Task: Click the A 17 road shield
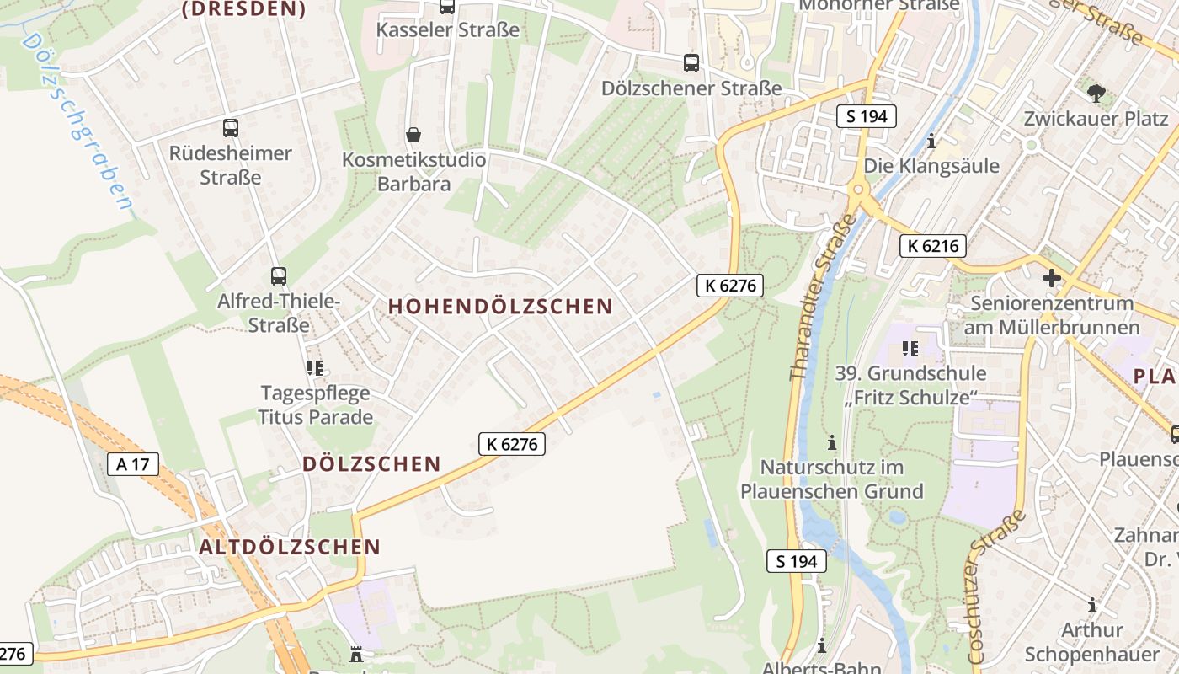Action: click(133, 463)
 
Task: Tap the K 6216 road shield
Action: click(932, 246)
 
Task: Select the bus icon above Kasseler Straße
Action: click(447, 7)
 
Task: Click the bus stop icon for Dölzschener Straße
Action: click(691, 63)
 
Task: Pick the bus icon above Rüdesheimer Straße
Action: click(230, 128)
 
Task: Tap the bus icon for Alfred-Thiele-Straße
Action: click(278, 276)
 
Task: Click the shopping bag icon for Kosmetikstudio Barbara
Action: click(413, 135)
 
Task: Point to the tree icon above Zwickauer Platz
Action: click(1096, 94)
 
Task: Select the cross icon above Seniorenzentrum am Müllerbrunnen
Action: click(1051, 278)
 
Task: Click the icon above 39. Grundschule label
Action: click(910, 348)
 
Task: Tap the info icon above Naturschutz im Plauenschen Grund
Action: click(831, 442)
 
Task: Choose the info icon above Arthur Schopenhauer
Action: click(1091, 605)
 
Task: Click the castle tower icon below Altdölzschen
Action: click(355, 654)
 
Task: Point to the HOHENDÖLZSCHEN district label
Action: click(500, 307)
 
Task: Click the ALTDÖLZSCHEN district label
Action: click(290, 547)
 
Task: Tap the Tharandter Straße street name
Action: click(822, 297)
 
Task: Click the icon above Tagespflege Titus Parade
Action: click(315, 367)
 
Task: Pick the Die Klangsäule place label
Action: click(931, 165)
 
